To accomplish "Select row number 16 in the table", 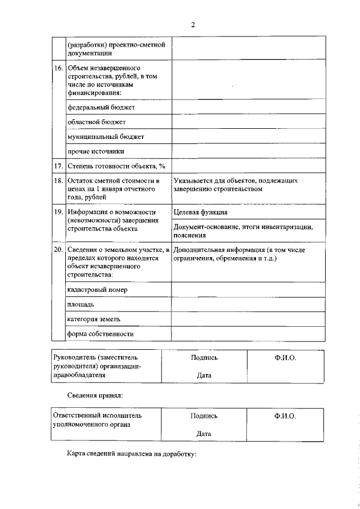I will [x=58, y=68].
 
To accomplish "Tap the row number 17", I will [x=58, y=166].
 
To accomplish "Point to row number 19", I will [x=58, y=212].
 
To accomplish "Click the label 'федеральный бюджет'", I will [x=101, y=107].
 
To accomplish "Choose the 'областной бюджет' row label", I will [x=97, y=121].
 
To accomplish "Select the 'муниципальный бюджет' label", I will [x=106, y=137].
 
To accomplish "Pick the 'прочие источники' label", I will [x=96, y=151].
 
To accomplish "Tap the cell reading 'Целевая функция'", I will [x=201, y=212].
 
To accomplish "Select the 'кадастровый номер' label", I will [x=97, y=289].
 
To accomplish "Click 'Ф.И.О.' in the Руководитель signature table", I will [x=285, y=358].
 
